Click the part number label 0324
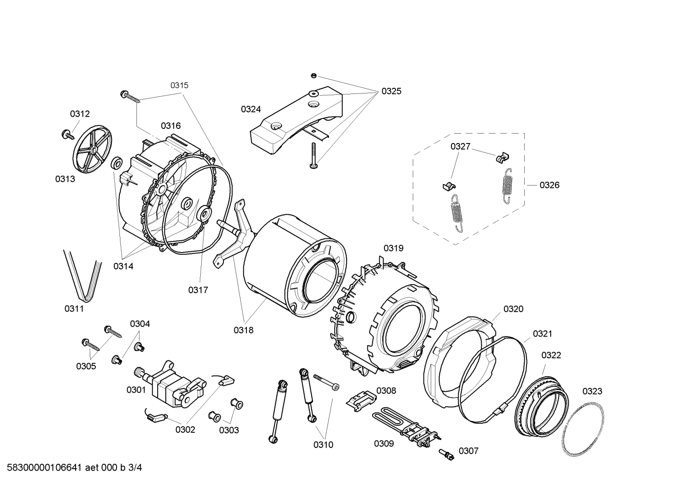[x=251, y=110]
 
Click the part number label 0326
[x=549, y=185]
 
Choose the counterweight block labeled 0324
[x=293, y=118]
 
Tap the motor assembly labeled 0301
[x=172, y=385]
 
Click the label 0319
[x=393, y=248]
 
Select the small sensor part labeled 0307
[x=446, y=454]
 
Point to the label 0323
[x=592, y=391]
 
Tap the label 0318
[x=243, y=330]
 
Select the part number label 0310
[x=323, y=444]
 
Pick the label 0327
[x=460, y=146]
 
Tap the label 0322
[x=551, y=354]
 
